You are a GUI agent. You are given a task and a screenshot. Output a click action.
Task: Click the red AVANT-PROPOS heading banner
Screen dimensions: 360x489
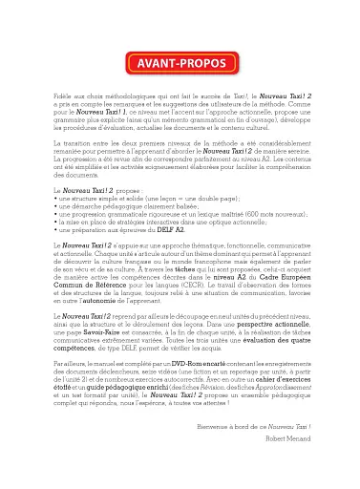pyautogui.click(x=180, y=65)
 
